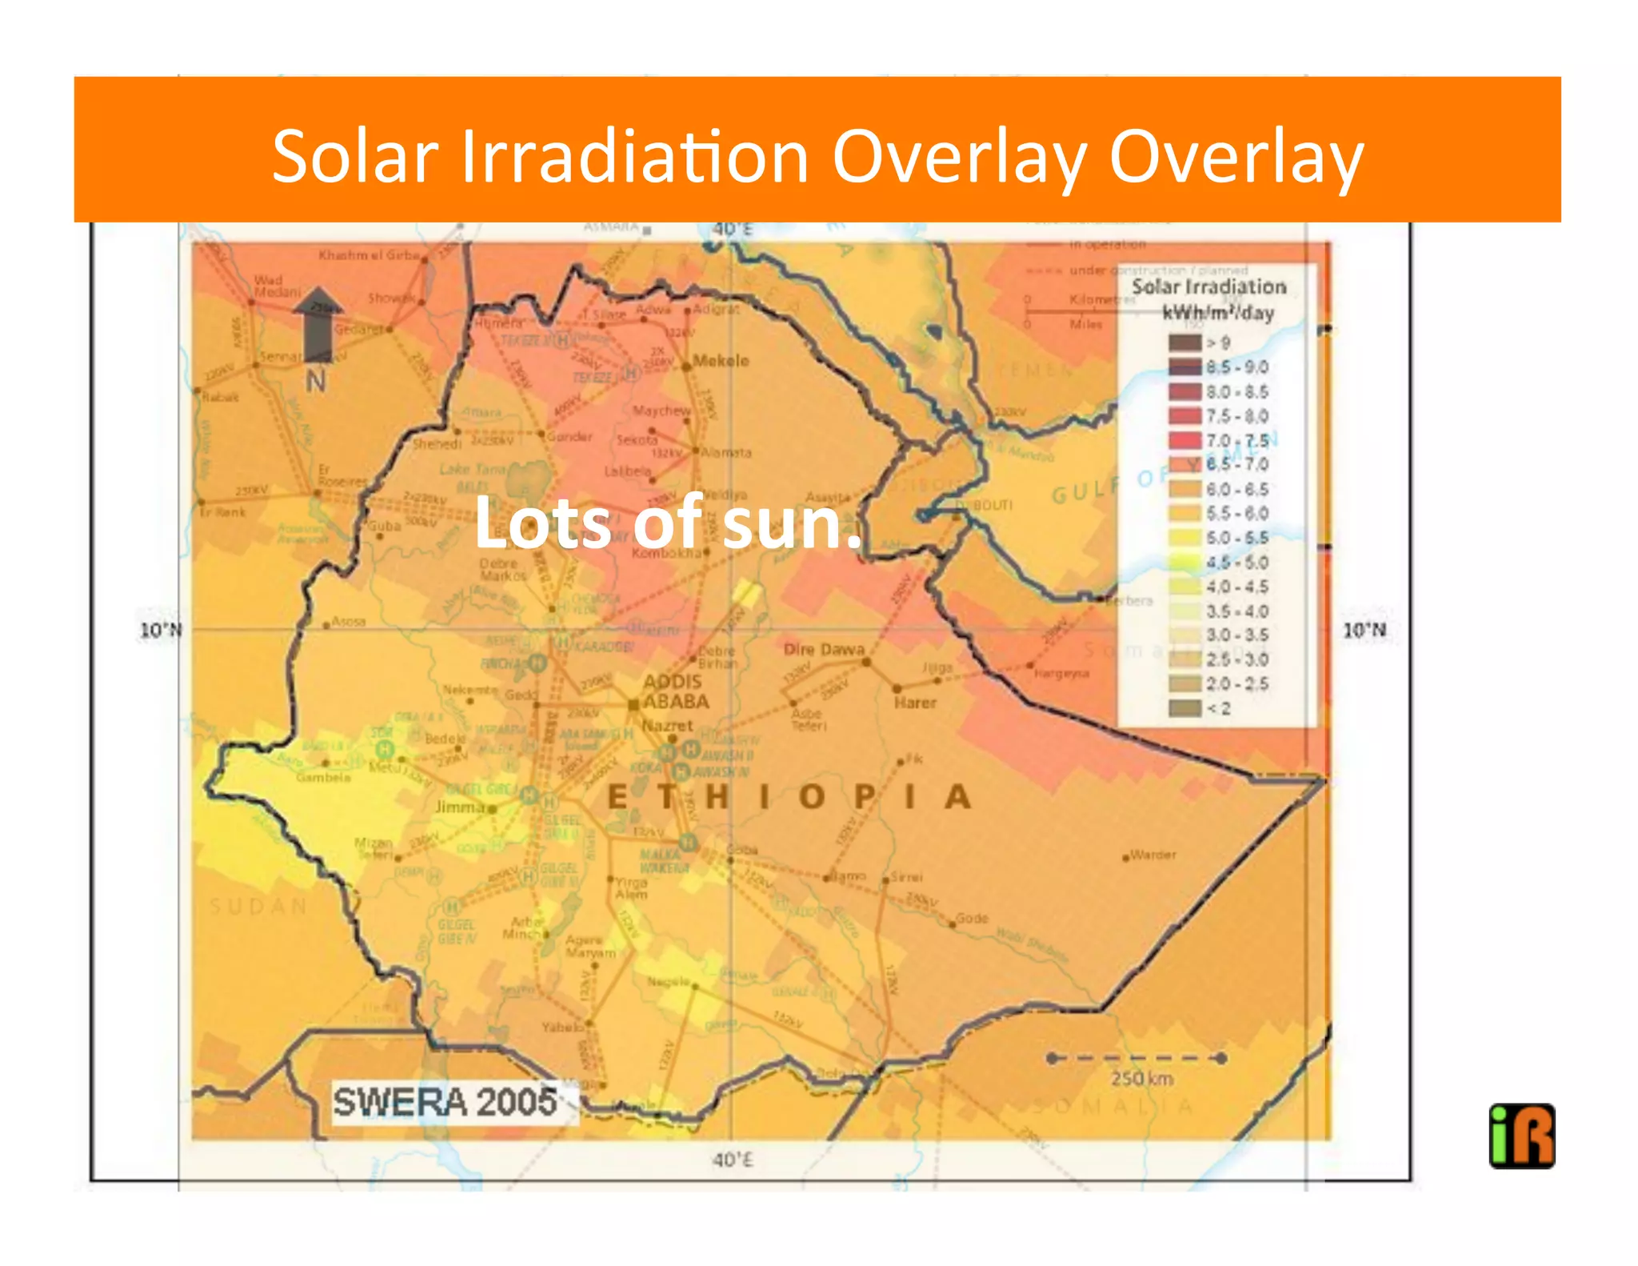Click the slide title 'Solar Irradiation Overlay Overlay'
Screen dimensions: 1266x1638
click(x=817, y=156)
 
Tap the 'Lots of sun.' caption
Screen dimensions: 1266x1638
click(x=668, y=523)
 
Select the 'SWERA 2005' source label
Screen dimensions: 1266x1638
click(x=445, y=1102)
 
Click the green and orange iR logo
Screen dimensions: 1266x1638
click(x=1521, y=1136)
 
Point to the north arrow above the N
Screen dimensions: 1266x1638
click(x=318, y=324)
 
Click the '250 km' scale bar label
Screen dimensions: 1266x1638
click(x=1141, y=1079)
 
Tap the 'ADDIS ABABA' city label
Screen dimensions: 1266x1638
click(x=676, y=691)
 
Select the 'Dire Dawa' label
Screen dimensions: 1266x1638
click(x=824, y=649)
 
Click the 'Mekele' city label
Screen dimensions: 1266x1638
click(x=721, y=361)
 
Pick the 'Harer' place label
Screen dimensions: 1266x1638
click(x=915, y=703)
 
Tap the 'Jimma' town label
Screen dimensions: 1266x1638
click(x=461, y=807)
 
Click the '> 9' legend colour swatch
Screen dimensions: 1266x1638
click(x=1185, y=343)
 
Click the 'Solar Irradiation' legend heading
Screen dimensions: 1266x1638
click(x=1209, y=286)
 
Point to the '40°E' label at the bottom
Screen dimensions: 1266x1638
click(x=732, y=1159)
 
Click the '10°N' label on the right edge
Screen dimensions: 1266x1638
click(x=1364, y=630)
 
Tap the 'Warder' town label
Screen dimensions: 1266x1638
click(x=1153, y=855)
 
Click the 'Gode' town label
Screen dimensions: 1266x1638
click(x=972, y=918)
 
